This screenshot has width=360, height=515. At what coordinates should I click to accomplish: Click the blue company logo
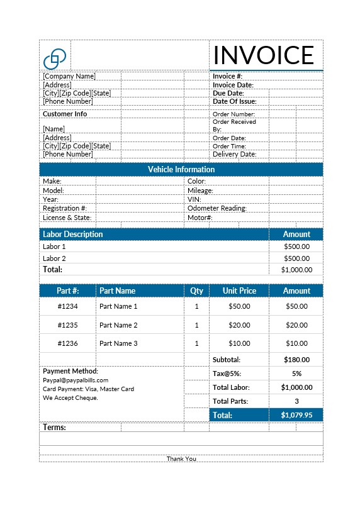pyautogui.click(x=55, y=58)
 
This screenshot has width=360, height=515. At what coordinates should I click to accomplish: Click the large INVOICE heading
pyautogui.click(x=263, y=55)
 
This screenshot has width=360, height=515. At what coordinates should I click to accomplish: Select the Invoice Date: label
pyautogui.click(x=233, y=85)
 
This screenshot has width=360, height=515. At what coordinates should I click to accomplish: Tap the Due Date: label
pyautogui.click(x=228, y=93)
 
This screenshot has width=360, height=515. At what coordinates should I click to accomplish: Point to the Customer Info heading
pyautogui.click(x=64, y=114)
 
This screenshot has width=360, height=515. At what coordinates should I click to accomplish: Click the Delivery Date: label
pyautogui.click(x=234, y=154)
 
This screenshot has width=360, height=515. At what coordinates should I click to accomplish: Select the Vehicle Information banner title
pyautogui.click(x=181, y=169)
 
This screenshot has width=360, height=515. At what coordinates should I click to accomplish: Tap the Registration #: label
pyautogui.click(x=64, y=208)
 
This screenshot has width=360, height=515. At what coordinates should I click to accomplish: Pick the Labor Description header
pyautogui.click(x=72, y=234)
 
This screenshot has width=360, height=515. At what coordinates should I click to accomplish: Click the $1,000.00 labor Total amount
pyautogui.click(x=296, y=270)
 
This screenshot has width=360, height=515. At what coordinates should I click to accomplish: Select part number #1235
pyautogui.click(x=67, y=325)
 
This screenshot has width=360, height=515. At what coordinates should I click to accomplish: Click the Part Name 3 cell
pyautogui.click(x=118, y=343)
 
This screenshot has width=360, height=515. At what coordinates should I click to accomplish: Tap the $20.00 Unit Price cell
pyautogui.click(x=239, y=325)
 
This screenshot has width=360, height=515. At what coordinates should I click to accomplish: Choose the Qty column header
pyautogui.click(x=196, y=291)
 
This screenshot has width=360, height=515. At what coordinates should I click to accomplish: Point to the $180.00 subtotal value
pyautogui.click(x=296, y=360)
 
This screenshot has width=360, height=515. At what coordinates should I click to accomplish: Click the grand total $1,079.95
pyautogui.click(x=296, y=415)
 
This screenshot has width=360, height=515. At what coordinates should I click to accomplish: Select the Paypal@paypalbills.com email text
pyautogui.click(x=76, y=380)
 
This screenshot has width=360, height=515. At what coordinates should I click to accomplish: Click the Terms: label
pyautogui.click(x=54, y=427)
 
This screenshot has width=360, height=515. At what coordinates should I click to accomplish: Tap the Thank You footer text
pyautogui.click(x=181, y=458)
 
